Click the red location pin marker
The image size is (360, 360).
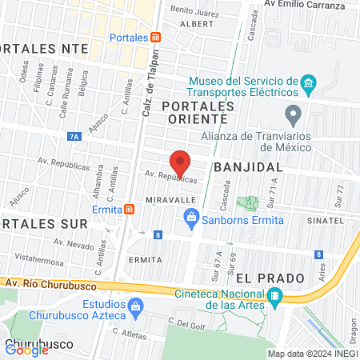(180, 163)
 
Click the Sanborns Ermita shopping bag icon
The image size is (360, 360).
(191, 216)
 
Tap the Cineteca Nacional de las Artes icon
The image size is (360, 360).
(274, 297)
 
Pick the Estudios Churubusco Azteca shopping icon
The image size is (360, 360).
(135, 306)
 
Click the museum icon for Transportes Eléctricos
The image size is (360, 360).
(307, 83)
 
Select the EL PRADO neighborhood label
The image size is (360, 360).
(271, 278)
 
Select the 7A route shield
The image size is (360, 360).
(74, 137)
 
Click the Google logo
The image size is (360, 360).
(26, 350)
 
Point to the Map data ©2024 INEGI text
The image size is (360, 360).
(312, 353)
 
